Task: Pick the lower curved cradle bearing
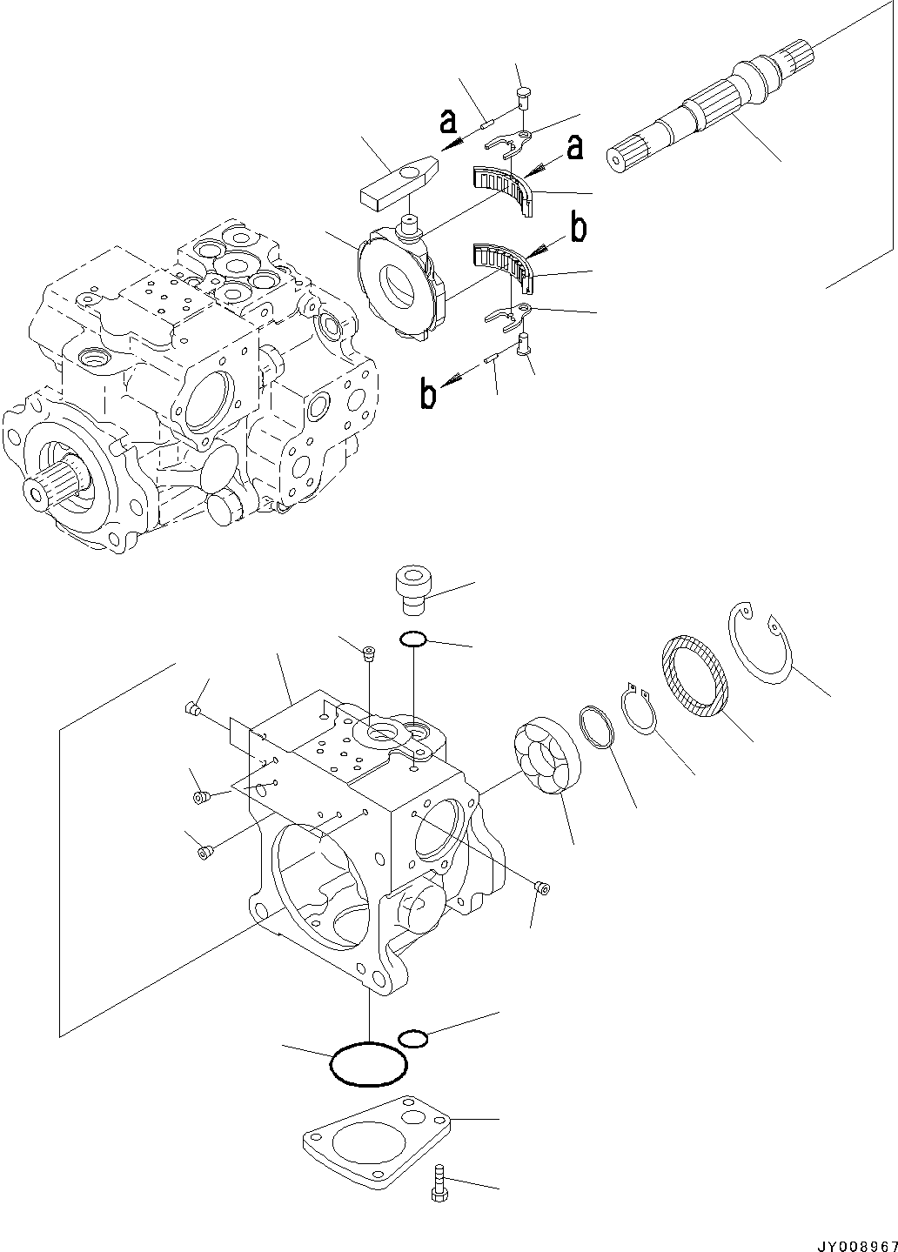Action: click(x=503, y=264)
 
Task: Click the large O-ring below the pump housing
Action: click(x=369, y=1063)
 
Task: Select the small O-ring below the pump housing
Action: click(x=412, y=1038)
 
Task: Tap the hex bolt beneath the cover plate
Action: click(x=439, y=1183)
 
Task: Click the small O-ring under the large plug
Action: click(x=412, y=640)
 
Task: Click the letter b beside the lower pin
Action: click(x=428, y=394)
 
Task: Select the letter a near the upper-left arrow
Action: click(x=448, y=122)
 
